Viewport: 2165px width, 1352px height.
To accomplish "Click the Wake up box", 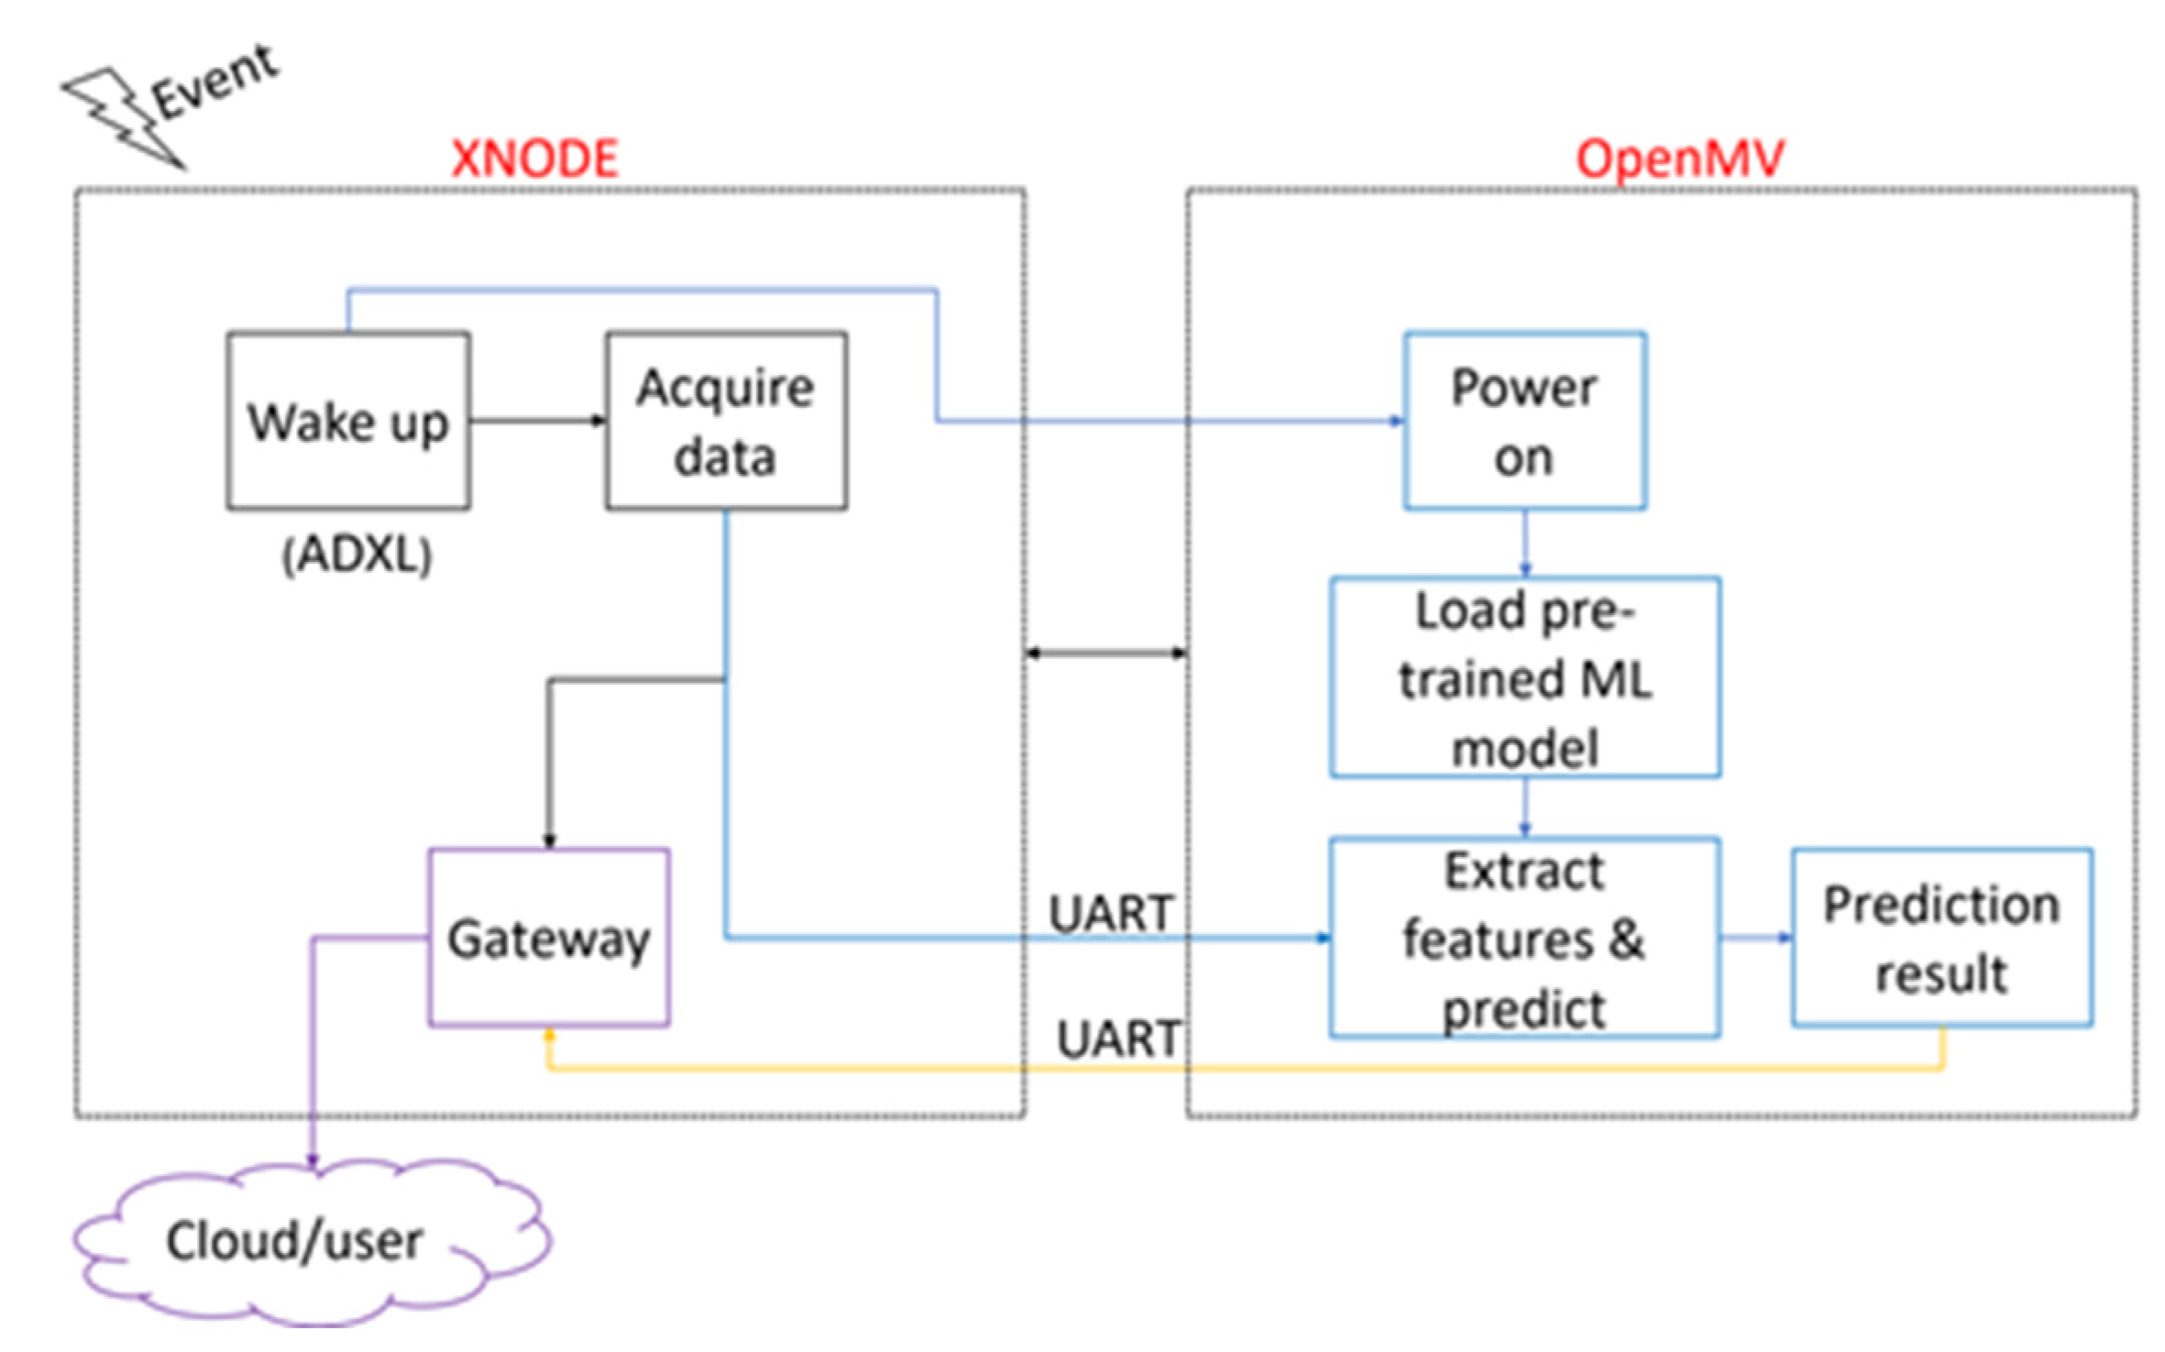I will click(348, 421).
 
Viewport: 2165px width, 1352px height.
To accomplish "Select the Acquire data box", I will click(725, 421).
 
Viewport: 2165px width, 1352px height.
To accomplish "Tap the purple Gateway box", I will click(548, 937).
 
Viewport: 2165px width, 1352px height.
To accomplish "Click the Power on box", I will click(1524, 421).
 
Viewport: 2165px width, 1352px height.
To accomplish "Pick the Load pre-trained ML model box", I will click(1524, 677).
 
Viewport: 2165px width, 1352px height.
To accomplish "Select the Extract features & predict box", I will click(1524, 937).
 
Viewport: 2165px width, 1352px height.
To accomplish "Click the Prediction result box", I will click(1941, 937).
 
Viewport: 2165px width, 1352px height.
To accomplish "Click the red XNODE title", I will click(535, 159).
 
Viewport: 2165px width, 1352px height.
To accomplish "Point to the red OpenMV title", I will click(1679, 159).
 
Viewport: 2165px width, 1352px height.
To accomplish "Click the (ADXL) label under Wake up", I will click(357, 555).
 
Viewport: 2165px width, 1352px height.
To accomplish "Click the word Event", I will click(215, 82).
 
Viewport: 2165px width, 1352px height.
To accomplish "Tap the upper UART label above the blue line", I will click(1111, 913).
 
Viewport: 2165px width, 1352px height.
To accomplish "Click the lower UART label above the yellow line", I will click(1118, 1039).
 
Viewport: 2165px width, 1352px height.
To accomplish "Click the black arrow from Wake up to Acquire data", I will click(538, 421).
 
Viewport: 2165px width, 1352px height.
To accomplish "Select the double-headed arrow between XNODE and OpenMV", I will click(1105, 653).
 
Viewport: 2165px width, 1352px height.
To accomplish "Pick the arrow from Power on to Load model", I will click(1524, 543).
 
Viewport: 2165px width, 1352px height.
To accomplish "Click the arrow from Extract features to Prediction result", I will click(1755, 937).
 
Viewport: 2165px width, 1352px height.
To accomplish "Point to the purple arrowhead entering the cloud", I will click(313, 1160).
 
